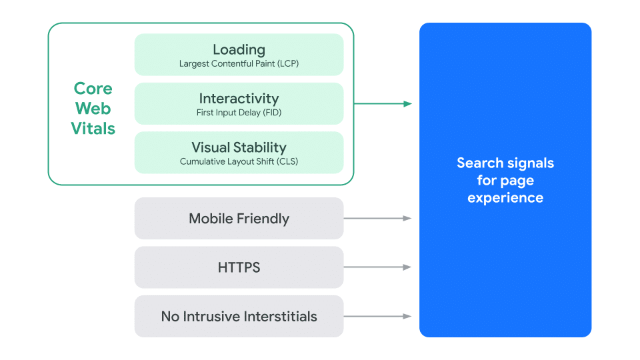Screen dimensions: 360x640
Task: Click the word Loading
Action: [239, 49]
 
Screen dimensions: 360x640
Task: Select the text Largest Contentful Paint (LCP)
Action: [239, 64]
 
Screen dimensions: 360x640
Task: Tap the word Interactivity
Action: [239, 99]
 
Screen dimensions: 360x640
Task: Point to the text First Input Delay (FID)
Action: [239, 113]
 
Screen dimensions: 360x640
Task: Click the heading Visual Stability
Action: [239, 147]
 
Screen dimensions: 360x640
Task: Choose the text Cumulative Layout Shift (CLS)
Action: [239, 161]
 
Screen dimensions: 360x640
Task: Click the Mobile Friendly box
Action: [239, 219]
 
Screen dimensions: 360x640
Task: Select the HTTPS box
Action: [239, 267]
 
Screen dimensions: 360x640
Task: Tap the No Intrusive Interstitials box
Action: [239, 317]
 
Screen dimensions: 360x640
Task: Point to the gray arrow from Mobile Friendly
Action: [377, 218]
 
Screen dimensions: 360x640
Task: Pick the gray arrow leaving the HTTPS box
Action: [377, 267]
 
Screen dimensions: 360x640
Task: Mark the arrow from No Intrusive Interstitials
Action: [377, 317]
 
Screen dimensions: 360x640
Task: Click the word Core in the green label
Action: [93, 89]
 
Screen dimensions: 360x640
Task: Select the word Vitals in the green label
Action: [93, 129]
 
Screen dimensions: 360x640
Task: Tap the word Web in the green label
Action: [93, 109]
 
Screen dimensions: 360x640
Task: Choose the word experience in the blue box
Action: [505, 198]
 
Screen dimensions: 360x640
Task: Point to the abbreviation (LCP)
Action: [287, 64]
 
